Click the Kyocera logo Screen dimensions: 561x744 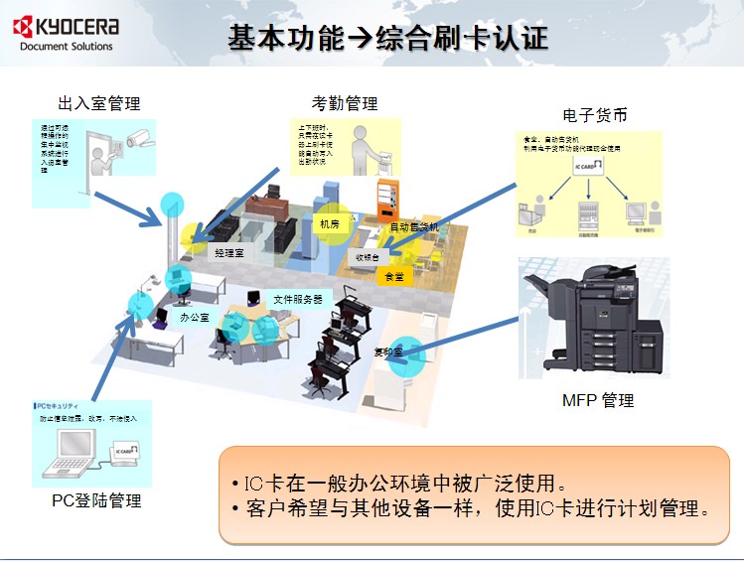tap(66, 25)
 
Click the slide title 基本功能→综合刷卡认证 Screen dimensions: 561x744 tap(387, 39)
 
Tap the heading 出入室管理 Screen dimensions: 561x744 tap(99, 103)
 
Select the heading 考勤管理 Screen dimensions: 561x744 tap(345, 103)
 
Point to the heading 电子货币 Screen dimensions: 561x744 tap(595, 115)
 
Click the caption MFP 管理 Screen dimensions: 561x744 tap(598, 401)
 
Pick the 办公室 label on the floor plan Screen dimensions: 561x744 tap(195, 318)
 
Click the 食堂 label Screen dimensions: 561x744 tap(394, 276)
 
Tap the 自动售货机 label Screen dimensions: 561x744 tap(413, 227)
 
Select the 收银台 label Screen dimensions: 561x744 tap(368, 256)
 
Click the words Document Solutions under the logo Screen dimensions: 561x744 tap(67, 46)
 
